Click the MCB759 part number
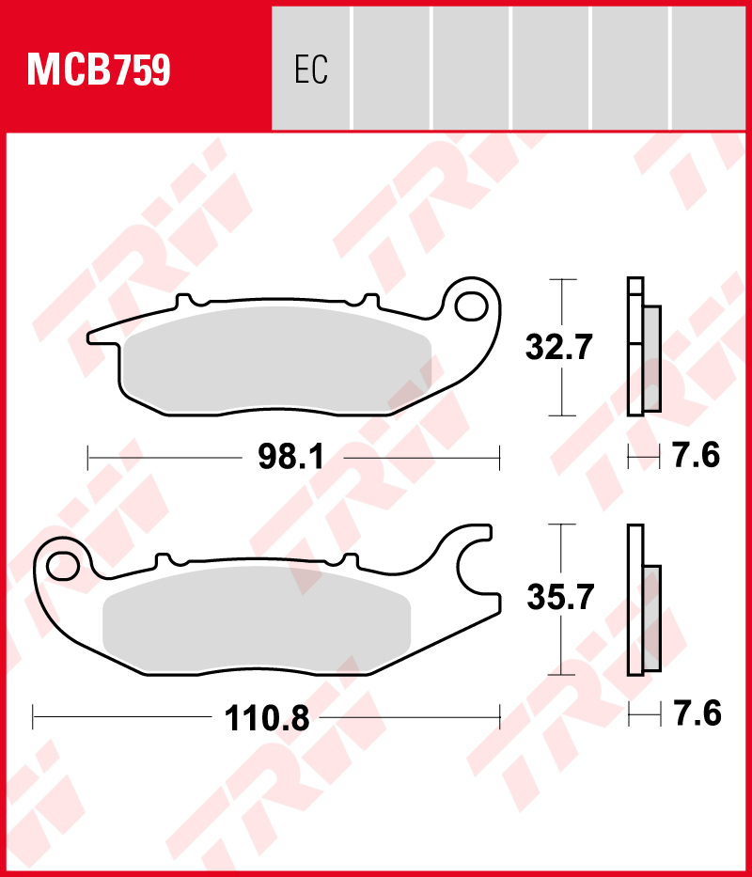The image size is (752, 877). click(99, 70)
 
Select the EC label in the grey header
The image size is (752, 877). click(311, 70)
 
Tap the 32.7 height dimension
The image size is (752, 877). click(558, 348)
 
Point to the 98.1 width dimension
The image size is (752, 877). click(291, 458)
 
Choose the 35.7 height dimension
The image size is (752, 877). click(559, 597)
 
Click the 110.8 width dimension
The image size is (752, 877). click(266, 718)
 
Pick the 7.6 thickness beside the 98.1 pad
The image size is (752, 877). click(696, 455)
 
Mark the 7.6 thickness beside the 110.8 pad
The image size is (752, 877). click(697, 713)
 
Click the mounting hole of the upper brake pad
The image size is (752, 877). click(471, 305)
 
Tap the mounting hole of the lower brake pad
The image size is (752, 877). click(62, 566)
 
